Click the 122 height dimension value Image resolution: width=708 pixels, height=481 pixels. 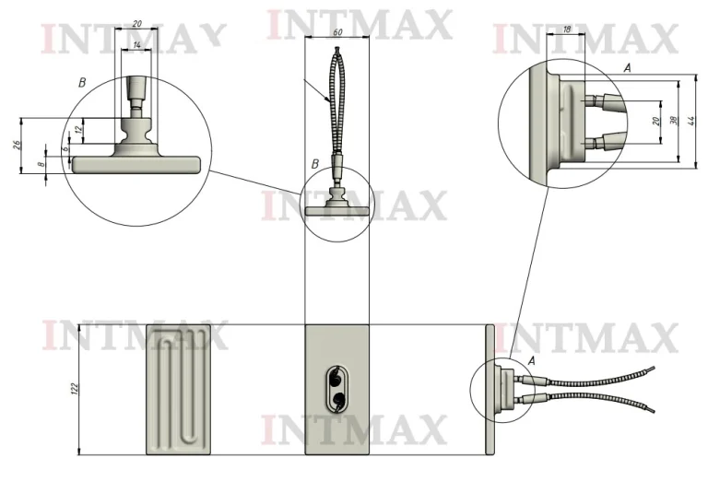75,388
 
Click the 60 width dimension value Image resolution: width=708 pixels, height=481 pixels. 337,32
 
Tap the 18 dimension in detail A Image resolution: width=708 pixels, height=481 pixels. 567,29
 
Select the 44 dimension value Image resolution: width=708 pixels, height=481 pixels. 690,121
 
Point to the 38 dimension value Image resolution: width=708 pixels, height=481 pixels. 674,121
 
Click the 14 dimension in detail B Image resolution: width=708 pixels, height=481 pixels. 137,44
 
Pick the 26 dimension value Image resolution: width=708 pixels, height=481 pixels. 17,145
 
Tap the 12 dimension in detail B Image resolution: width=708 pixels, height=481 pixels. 79,130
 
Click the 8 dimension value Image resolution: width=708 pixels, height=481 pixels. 41,164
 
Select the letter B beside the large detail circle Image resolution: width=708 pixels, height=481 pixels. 82,83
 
